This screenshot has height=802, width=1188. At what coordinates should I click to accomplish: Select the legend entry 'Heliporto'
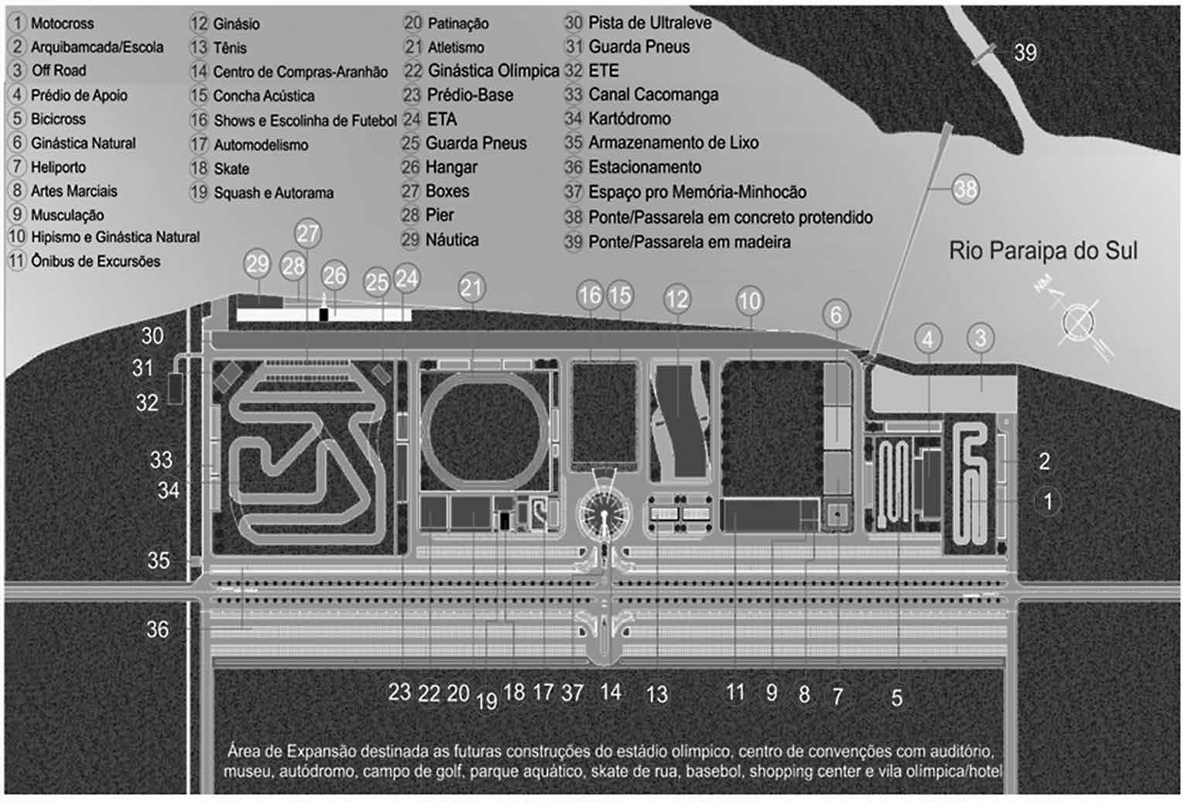(x=58, y=167)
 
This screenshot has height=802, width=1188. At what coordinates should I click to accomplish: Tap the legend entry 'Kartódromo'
(x=628, y=118)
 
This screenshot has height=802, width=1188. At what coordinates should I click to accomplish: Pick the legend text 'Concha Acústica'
(x=263, y=96)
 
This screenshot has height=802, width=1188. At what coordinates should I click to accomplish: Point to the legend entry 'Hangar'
(x=451, y=167)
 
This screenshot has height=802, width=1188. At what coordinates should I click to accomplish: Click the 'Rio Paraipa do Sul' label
(x=1042, y=251)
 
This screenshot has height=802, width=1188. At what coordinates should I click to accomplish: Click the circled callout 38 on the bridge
(x=965, y=189)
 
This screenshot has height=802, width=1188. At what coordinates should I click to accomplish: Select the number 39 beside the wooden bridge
(x=1025, y=53)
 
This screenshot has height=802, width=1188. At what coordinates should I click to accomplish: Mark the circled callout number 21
(x=471, y=288)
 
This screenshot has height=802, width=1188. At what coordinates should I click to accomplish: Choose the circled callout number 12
(x=677, y=299)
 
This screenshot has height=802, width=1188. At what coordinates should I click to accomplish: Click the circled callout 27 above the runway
(x=308, y=234)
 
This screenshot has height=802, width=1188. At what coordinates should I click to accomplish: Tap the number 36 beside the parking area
(x=157, y=629)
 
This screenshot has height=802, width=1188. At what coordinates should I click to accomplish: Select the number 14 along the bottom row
(x=611, y=691)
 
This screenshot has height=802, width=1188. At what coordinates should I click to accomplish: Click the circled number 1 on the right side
(x=1048, y=501)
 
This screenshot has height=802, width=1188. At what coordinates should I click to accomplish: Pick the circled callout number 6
(x=836, y=314)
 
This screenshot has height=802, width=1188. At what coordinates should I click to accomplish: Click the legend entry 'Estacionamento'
(x=644, y=167)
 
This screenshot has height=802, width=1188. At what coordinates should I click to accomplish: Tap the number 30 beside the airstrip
(x=152, y=335)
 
